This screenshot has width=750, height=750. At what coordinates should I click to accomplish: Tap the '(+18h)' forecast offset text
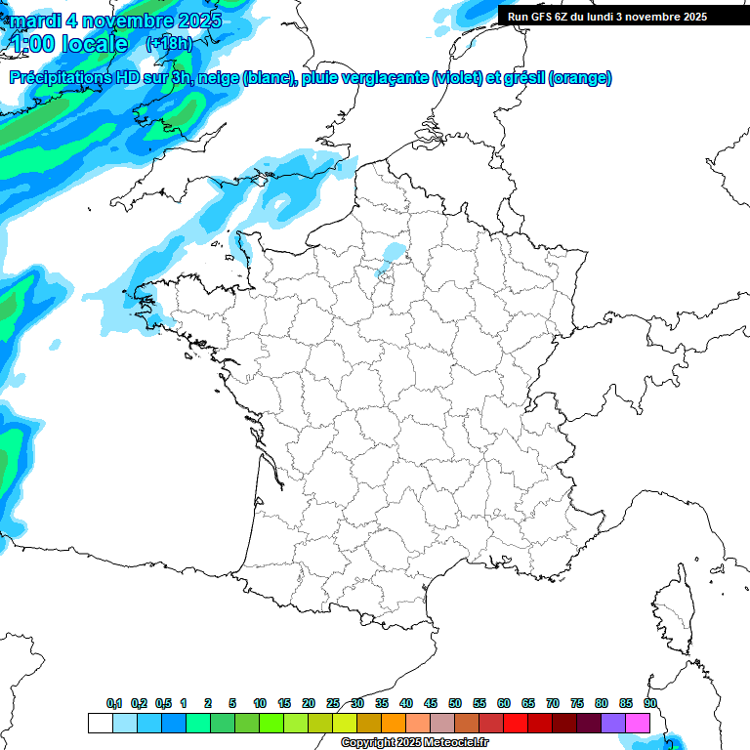click(169, 43)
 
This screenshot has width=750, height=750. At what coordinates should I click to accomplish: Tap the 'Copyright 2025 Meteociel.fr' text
click(414, 743)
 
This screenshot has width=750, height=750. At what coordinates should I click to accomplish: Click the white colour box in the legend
click(100, 723)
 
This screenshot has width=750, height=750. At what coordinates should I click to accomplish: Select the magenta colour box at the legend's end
click(638, 723)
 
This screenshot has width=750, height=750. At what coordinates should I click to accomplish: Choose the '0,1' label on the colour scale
click(114, 703)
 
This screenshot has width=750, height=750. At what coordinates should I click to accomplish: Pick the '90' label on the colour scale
click(650, 703)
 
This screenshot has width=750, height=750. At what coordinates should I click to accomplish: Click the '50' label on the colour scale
click(455, 703)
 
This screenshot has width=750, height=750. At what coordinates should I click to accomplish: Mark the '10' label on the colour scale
click(260, 703)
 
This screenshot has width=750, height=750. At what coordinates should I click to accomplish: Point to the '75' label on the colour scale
click(577, 703)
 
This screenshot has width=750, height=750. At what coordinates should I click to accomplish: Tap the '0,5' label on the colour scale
click(163, 703)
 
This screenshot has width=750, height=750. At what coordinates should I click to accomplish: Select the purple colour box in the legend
click(613, 723)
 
